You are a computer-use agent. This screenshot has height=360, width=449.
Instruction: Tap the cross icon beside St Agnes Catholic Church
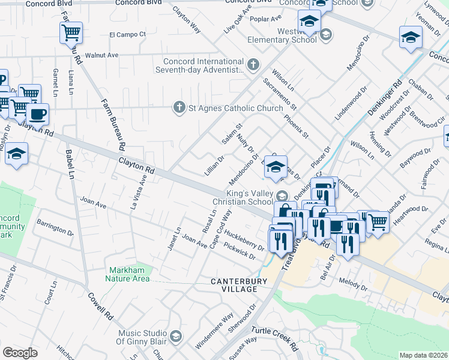(178, 108)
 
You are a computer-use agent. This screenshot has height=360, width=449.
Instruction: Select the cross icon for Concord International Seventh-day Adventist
(254, 63)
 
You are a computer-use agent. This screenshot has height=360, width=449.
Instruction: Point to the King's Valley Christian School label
(249, 197)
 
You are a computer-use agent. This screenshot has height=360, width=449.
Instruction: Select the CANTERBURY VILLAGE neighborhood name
(234, 284)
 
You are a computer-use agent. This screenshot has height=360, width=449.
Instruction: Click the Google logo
(20, 352)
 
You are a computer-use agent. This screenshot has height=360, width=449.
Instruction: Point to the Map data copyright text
(423, 355)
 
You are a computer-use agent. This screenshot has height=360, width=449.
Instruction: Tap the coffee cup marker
(37, 113)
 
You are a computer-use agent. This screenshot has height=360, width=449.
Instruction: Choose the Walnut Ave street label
(101, 55)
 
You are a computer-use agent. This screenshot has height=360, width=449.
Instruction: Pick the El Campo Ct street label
(127, 34)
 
